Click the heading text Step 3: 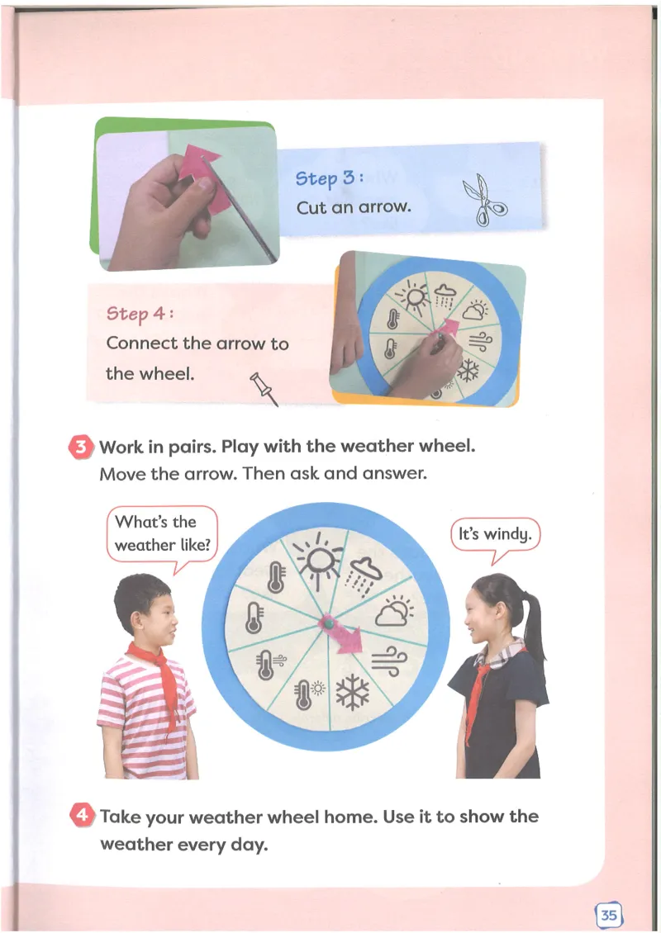[330, 178]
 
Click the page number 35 [608, 915]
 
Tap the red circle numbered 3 [81, 448]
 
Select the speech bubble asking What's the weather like [162, 534]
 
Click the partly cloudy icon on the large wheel [396, 612]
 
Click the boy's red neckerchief [155, 673]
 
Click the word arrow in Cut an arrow [383, 207]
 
